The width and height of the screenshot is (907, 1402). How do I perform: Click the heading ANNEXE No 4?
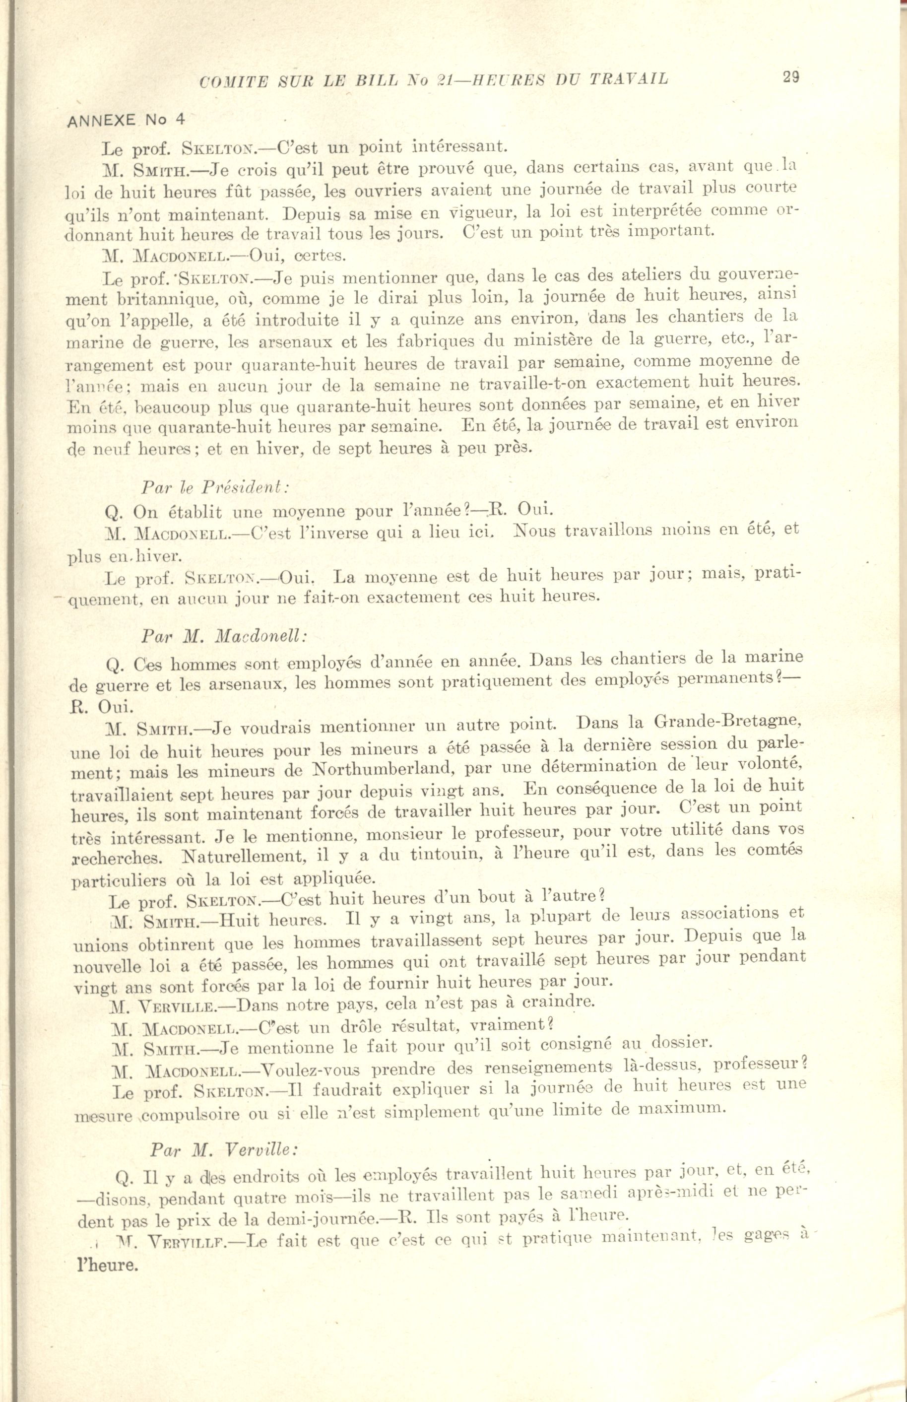[127, 120]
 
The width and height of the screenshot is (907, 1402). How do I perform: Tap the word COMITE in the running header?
[233, 81]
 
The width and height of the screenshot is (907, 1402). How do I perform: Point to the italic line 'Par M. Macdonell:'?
[224, 636]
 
